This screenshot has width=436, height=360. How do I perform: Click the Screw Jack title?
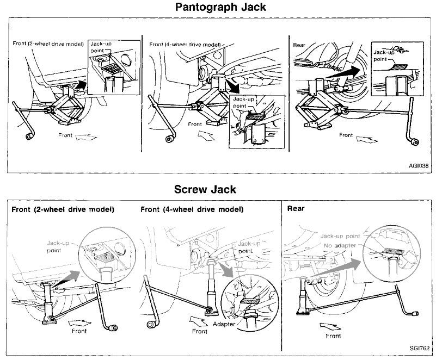tap(205, 189)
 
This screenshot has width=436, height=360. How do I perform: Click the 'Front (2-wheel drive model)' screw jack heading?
tap(63, 209)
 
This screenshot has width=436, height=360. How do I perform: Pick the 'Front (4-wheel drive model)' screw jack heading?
tap(192, 209)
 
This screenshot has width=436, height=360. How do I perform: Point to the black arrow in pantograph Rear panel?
tap(354, 70)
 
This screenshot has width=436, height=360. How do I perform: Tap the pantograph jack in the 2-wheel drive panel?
tap(64, 106)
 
